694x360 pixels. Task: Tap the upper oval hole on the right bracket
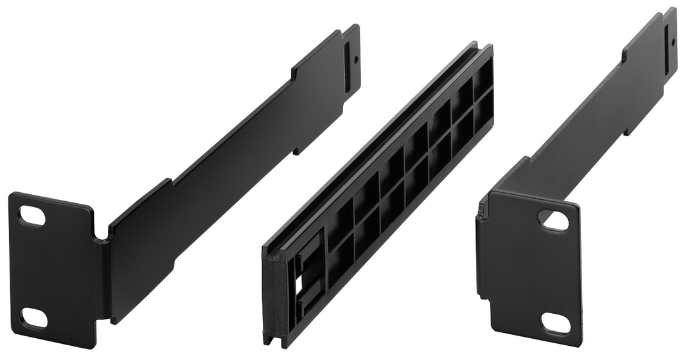click(x=553, y=221)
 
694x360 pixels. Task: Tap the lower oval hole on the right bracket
click(x=555, y=323)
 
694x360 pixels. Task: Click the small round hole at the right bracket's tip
click(x=673, y=40)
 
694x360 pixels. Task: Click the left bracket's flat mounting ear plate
click(x=55, y=270)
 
